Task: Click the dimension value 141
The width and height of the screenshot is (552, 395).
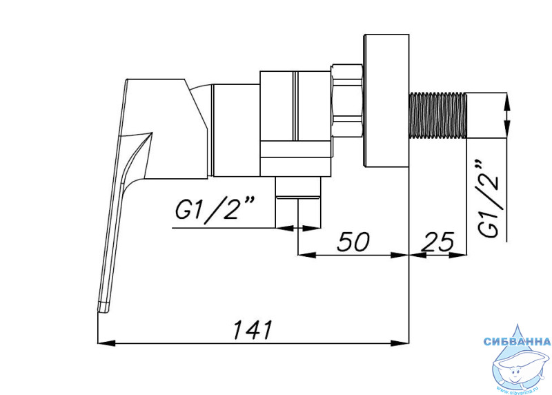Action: pyautogui.click(x=253, y=329)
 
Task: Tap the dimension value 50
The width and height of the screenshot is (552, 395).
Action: pyautogui.click(x=353, y=242)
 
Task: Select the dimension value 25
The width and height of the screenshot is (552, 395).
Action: pyautogui.click(x=438, y=242)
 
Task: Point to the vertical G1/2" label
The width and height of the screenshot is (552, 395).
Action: pyautogui.click(x=489, y=199)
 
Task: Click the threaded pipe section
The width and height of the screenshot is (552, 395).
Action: pyautogui.click(x=437, y=115)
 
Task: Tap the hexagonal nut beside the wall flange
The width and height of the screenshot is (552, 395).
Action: pyautogui.click(x=347, y=99)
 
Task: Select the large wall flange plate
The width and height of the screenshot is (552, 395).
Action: pyautogui.click(x=386, y=100)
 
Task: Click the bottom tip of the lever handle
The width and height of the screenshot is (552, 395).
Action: pyautogui.click(x=103, y=310)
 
